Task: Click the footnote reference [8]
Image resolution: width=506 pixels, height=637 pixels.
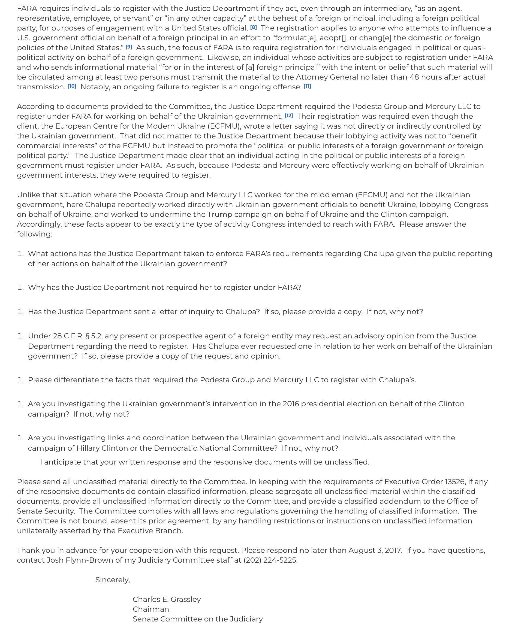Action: (x=253, y=28)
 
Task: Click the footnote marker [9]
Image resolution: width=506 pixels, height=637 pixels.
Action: (x=129, y=47)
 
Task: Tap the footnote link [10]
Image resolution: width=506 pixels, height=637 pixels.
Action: (x=72, y=86)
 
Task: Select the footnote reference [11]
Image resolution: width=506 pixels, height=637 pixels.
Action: (x=307, y=86)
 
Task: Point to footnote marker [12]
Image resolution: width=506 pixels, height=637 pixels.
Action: (x=289, y=116)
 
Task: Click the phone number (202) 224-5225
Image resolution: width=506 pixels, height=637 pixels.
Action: (x=270, y=560)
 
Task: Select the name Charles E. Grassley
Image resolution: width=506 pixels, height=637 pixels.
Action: (x=167, y=599)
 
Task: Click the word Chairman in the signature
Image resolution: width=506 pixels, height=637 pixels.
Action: (x=151, y=609)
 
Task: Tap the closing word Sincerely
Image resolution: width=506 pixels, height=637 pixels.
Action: (x=112, y=580)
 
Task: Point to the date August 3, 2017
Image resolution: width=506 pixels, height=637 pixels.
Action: (x=375, y=550)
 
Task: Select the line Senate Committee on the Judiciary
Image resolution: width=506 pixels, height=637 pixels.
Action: (x=197, y=619)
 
